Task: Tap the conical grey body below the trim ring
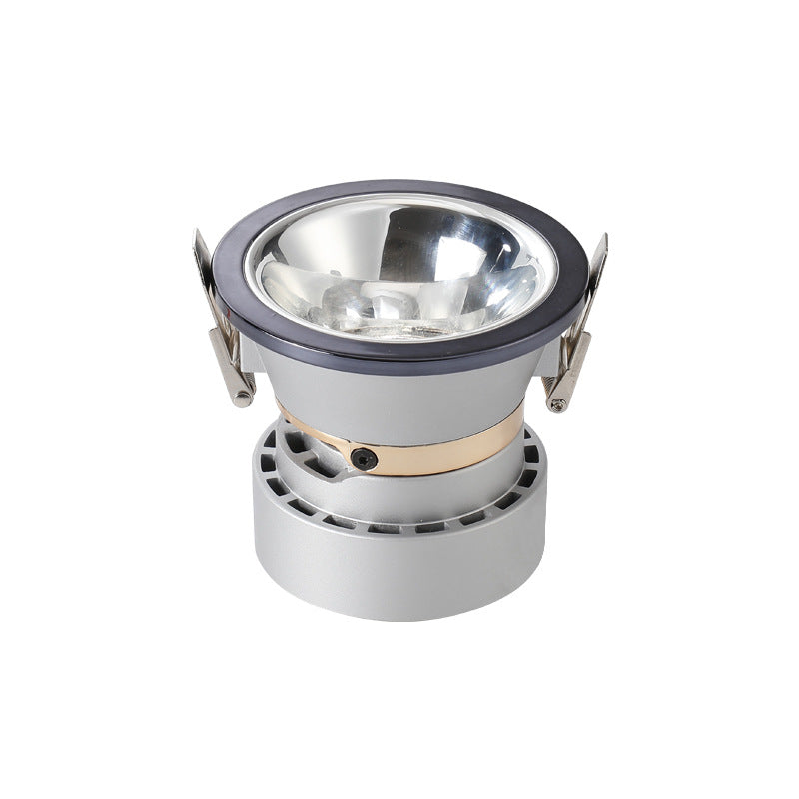tap(399, 390)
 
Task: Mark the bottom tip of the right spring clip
tap(558, 405)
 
